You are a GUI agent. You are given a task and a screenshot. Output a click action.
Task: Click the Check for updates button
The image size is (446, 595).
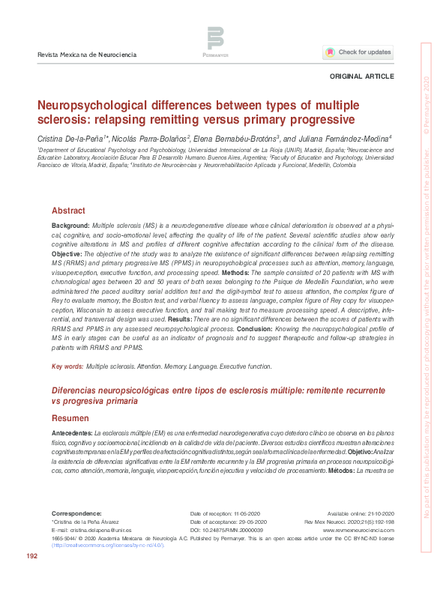(x=357, y=52)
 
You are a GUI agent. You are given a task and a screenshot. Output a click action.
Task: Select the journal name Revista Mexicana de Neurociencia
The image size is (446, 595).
(x=85, y=55)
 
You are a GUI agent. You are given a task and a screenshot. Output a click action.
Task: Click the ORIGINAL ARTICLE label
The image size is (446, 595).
(x=361, y=78)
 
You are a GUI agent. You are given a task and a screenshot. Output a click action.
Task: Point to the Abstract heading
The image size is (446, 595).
(x=68, y=211)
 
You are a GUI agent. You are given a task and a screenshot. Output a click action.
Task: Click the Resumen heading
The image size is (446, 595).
(x=70, y=417)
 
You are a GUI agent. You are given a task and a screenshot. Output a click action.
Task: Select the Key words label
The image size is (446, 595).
(x=67, y=366)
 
